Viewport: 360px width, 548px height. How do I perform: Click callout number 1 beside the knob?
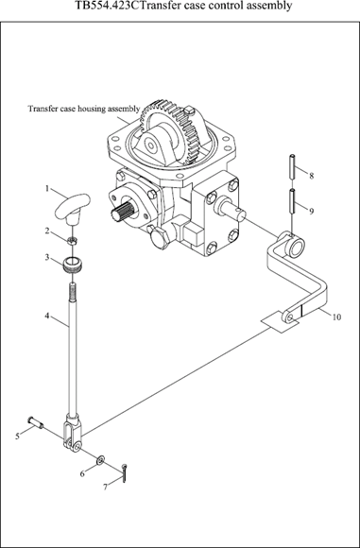[47, 188]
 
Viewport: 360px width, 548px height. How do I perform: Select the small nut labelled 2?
[72, 240]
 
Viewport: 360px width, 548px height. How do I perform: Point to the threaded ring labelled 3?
[73, 265]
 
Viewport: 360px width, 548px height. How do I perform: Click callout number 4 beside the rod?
[46, 316]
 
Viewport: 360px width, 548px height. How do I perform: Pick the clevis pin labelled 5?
[36, 421]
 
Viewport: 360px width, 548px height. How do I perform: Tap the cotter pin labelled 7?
[124, 473]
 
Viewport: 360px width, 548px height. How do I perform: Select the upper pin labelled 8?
[293, 166]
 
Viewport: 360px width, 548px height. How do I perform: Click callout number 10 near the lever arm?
[336, 317]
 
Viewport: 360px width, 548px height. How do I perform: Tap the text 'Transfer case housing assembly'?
[84, 109]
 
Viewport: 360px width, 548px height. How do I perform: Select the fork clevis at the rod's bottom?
[73, 432]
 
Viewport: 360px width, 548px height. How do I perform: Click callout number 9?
[311, 211]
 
